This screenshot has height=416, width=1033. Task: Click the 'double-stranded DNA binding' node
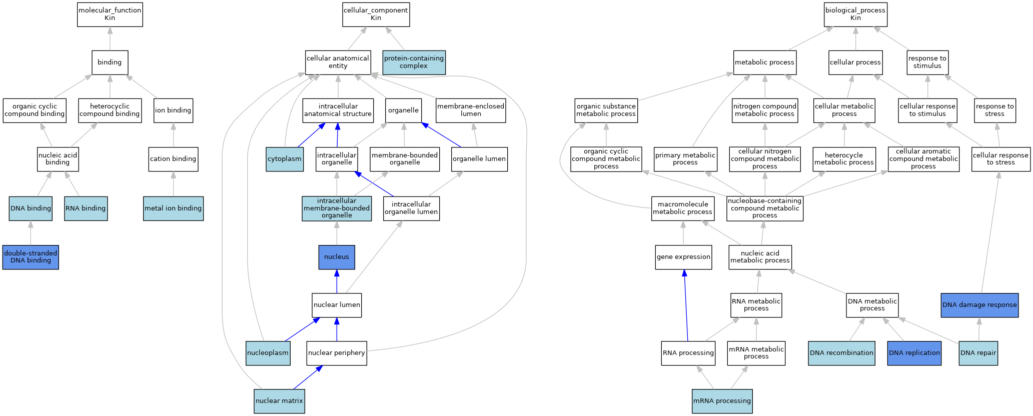31,257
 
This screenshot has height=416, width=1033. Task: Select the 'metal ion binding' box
173,208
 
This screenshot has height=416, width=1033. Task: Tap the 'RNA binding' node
86,208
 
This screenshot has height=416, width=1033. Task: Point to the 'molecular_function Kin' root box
110,14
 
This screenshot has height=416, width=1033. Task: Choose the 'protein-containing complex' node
414,62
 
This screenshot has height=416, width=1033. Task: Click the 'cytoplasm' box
285,159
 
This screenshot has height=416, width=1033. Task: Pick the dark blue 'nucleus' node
337,257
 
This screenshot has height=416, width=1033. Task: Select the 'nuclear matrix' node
279,401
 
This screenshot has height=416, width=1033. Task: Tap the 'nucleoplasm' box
268,353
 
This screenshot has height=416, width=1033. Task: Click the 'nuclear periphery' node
337,353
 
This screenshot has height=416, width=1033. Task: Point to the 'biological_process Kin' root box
855,14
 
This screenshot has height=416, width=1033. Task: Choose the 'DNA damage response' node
979,305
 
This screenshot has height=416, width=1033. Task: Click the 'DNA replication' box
914,353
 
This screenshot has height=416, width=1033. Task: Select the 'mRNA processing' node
722,401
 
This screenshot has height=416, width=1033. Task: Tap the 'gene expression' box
684,257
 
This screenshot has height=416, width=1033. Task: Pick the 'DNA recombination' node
842,353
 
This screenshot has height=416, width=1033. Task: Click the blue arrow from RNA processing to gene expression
686,305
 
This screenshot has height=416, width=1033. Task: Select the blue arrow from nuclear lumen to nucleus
337,281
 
